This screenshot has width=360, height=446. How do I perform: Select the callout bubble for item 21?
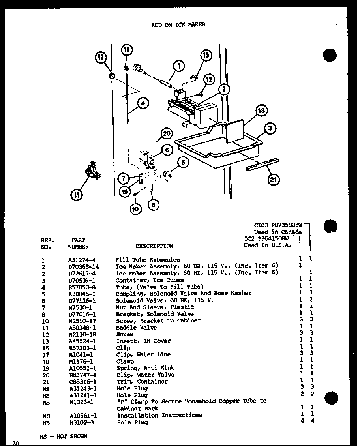pyautogui.click(x=273, y=180)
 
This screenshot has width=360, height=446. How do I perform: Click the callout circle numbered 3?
pyautogui.click(x=270, y=128)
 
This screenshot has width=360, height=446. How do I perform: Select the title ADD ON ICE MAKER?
pyautogui.click(x=178, y=24)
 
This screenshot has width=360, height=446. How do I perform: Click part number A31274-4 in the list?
pyautogui.click(x=82, y=260)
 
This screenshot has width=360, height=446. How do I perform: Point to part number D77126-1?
pyautogui.click(x=82, y=300)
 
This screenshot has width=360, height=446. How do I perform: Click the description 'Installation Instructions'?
pyautogui.click(x=159, y=415)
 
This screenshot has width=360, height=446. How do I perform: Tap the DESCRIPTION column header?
pyautogui.click(x=154, y=246)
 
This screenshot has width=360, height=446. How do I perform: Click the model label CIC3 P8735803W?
pyautogui.click(x=278, y=225)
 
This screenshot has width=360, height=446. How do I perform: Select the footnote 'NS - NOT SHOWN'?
pyautogui.click(x=63, y=437)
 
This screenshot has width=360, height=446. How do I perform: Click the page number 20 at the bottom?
pyautogui.click(x=15, y=443)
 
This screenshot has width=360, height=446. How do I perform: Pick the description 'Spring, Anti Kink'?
pyautogui.click(x=145, y=368)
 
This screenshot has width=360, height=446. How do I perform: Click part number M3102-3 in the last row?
pyautogui.click(x=81, y=422)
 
